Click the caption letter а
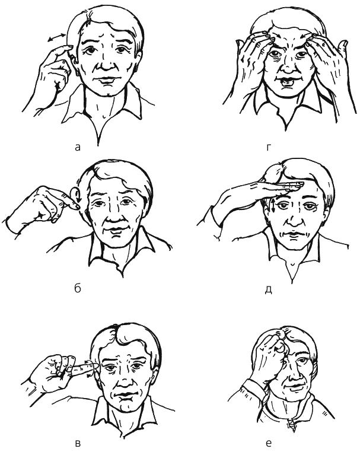tap(77, 148)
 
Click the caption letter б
tap(78, 288)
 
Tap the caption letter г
tap(269, 148)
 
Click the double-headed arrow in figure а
tap(56, 37)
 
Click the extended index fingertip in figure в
tap(93, 367)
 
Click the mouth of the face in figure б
tap(117, 230)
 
